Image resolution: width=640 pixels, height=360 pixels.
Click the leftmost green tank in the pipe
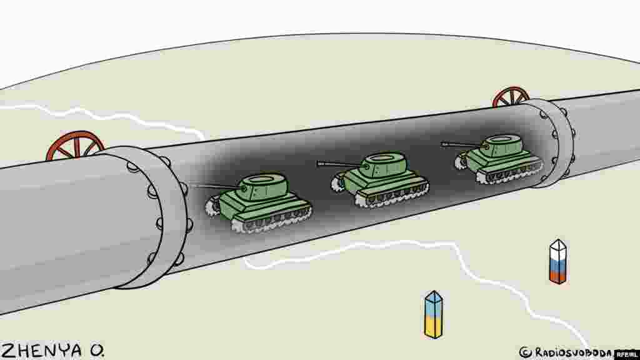(262, 201)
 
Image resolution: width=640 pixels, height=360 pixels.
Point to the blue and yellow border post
(433, 314)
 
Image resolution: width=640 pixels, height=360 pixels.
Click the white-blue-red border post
(557, 262)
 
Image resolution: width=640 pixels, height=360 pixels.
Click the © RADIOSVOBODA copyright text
(566, 352)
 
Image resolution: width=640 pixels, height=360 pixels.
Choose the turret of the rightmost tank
(504, 144)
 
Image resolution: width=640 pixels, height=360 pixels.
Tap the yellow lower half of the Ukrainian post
(433, 325)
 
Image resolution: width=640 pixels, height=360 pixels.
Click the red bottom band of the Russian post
(557, 275)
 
